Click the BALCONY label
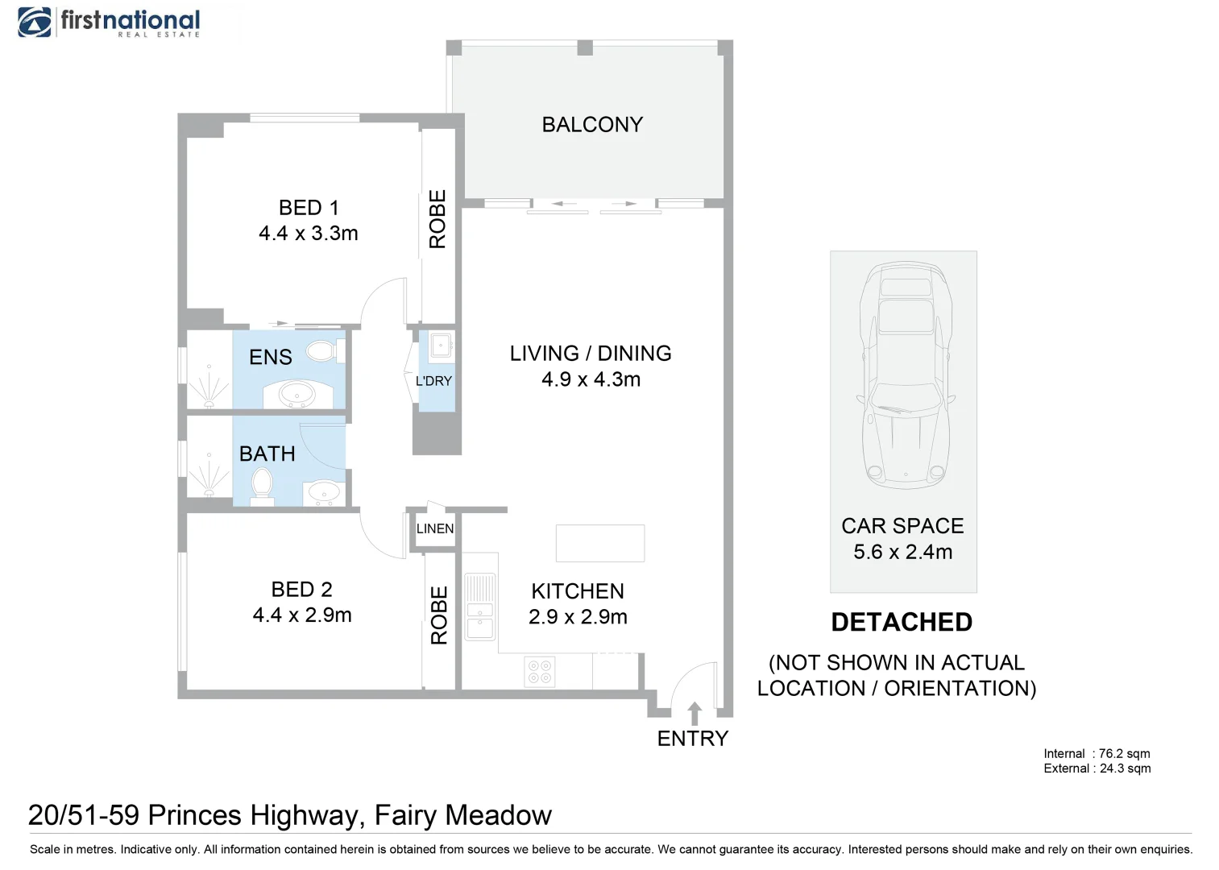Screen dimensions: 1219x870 [592, 125]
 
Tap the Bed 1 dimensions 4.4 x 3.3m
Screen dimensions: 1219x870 [308, 233]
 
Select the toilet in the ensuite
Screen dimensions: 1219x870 [325, 350]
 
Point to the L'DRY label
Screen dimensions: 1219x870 [433, 381]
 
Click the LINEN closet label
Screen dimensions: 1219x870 [435, 528]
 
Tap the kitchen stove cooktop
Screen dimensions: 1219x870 [539, 671]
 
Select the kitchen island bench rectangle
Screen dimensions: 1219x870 [600, 543]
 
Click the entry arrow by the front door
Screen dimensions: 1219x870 [694, 713]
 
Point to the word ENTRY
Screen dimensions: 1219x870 [692, 739]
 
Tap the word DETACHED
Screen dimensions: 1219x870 [902, 622]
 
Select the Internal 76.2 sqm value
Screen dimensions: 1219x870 [1124, 753]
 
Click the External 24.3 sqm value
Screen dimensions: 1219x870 [1125, 768]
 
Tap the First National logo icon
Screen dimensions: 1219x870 [35, 23]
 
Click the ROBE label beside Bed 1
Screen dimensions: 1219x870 [437, 219]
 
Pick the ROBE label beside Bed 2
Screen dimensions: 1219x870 [438, 615]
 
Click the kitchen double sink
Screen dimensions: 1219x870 [480, 605]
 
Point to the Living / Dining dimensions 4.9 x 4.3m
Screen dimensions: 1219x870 [591, 379]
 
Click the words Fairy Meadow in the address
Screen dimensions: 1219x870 [463, 815]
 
